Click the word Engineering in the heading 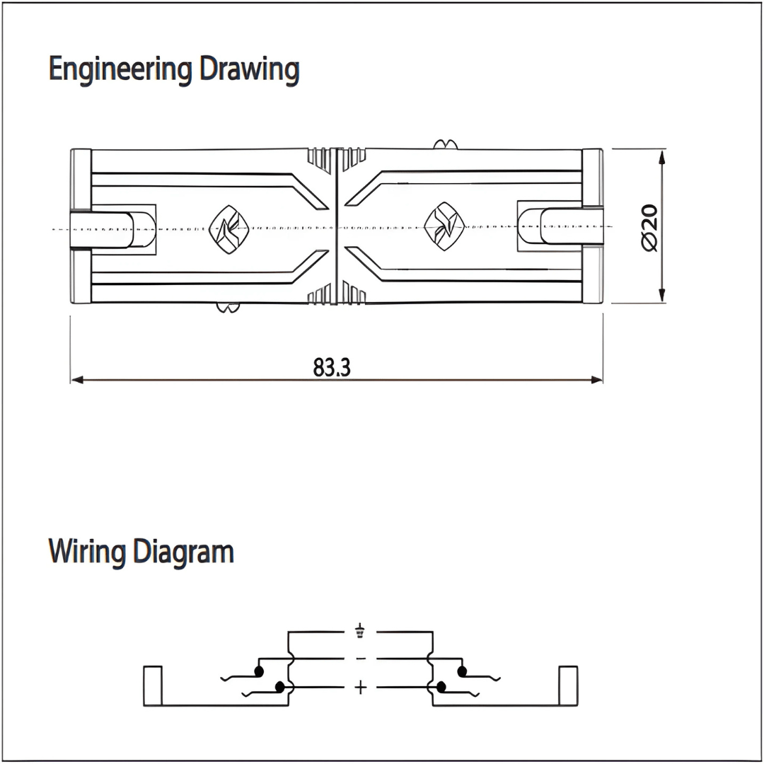121,70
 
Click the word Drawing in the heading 249,70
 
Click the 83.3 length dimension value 332,367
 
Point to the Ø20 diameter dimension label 649,226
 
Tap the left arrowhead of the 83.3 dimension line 77,380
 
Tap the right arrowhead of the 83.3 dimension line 596,380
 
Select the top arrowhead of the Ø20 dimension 661,155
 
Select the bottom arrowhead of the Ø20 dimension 661,297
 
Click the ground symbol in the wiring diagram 361,631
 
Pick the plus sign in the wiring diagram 361,687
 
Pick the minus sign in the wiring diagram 361,659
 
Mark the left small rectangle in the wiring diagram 153,685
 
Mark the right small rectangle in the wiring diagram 568,685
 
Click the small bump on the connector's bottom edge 227,308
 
